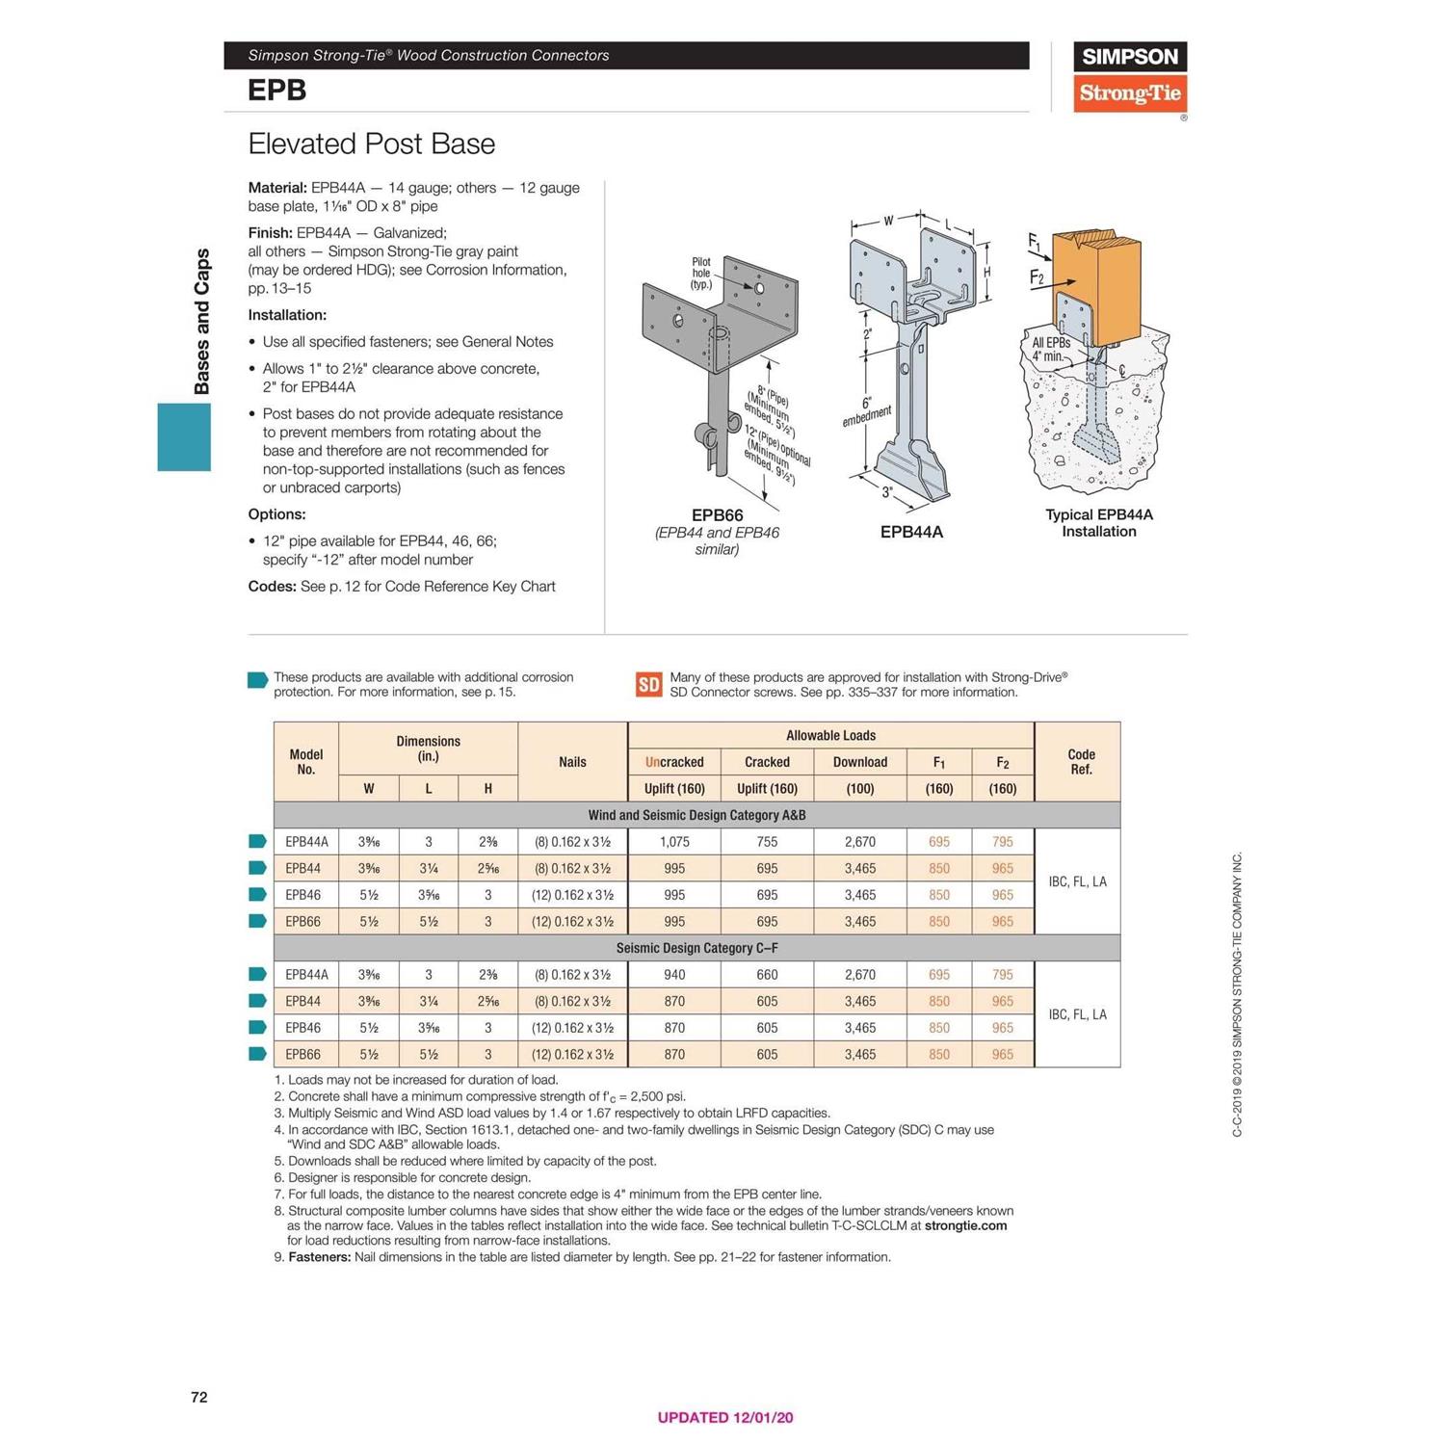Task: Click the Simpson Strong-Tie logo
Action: tap(1129, 77)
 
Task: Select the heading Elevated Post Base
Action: tap(371, 144)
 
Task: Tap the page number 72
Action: tap(199, 1397)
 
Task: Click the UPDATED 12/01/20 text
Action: tap(724, 1417)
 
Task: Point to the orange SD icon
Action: tap(648, 684)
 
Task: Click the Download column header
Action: tap(859, 762)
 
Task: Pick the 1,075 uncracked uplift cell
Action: tap(674, 842)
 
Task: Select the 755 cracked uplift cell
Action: tap(767, 842)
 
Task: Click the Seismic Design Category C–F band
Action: tap(696, 948)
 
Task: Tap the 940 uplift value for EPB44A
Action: tap(674, 975)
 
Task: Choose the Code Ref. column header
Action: tap(1081, 762)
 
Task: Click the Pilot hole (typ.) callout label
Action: tap(701, 273)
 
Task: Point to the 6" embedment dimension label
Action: tap(866, 411)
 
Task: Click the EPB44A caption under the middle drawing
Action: tap(911, 532)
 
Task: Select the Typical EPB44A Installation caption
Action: tap(1098, 523)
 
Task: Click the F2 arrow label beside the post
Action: tap(1037, 277)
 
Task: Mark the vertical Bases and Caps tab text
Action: tap(202, 321)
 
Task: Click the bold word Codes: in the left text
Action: tap(272, 587)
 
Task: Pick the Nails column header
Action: tap(572, 762)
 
